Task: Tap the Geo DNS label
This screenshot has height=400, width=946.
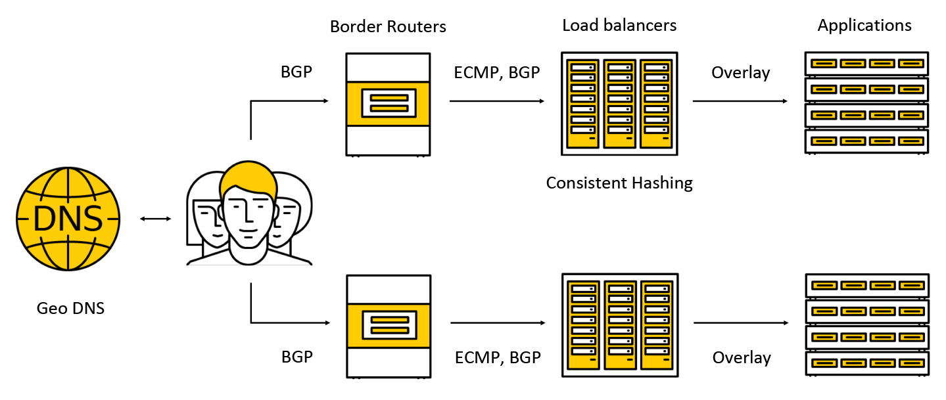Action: tap(70, 307)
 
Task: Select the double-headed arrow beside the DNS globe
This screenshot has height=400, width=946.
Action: tap(156, 218)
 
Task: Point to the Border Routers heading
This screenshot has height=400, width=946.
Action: tap(388, 27)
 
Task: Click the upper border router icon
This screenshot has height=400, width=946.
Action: tap(388, 104)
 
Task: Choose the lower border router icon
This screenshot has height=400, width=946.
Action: tap(388, 326)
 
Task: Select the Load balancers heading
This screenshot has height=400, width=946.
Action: tap(619, 26)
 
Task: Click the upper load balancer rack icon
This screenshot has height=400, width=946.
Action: tap(619, 103)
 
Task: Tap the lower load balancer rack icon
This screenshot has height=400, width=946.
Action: tap(619, 325)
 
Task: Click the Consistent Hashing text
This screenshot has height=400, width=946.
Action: tap(619, 183)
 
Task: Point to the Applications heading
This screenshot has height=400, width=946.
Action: tap(864, 26)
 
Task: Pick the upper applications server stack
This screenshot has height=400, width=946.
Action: tap(866, 102)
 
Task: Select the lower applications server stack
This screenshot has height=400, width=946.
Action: tap(866, 324)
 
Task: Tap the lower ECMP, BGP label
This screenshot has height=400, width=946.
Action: tap(498, 358)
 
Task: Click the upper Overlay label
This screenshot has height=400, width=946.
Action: tap(740, 73)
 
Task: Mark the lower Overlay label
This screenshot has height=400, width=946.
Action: tap(742, 358)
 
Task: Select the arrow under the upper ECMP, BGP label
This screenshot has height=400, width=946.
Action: tap(497, 101)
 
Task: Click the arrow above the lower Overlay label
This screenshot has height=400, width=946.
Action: tap(741, 323)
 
